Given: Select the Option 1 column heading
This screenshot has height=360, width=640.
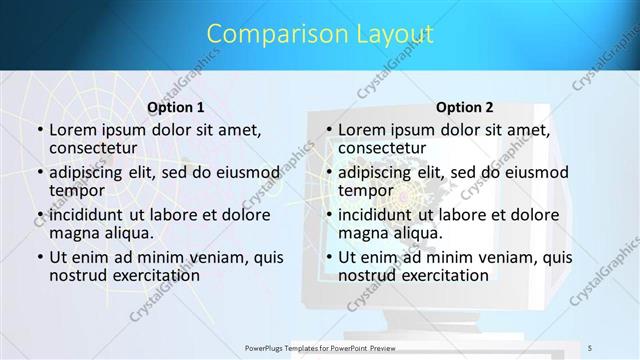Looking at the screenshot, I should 176,106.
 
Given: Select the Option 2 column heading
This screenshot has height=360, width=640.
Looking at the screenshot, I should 465,106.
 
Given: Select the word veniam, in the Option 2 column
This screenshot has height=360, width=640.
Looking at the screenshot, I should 501,258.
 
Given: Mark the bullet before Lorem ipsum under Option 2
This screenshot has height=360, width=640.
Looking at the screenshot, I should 327,129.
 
